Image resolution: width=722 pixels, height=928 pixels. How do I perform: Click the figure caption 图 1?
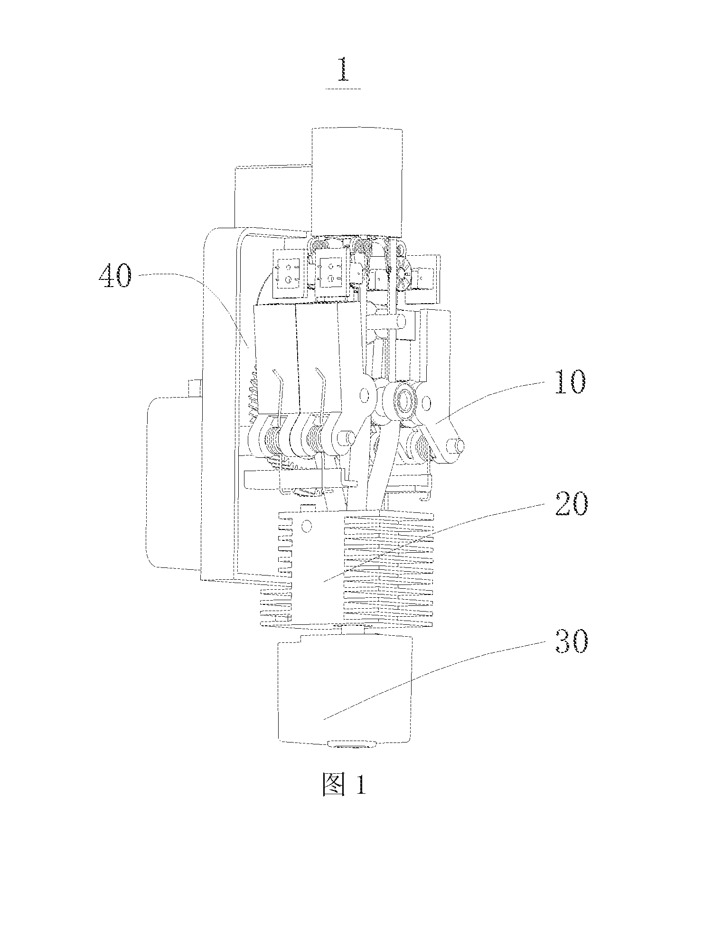pyautogui.click(x=343, y=785)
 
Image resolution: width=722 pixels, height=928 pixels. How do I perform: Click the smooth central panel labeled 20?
pyautogui.click(x=318, y=567)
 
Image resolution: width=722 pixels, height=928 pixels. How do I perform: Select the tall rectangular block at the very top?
pyautogui.click(x=356, y=182)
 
